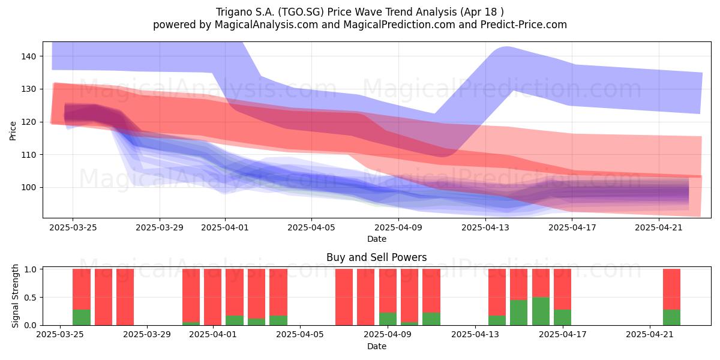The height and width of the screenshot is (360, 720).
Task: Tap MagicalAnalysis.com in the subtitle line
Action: (x=266, y=25)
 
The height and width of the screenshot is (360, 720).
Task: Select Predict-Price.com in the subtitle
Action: (x=524, y=25)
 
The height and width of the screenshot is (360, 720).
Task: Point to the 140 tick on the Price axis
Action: (x=29, y=56)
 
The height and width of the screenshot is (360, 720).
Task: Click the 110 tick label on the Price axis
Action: (x=29, y=155)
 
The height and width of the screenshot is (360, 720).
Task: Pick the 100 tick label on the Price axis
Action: (x=29, y=188)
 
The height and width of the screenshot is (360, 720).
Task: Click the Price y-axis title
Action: (x=13, y=131)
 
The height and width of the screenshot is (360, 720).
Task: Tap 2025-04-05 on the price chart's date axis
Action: (x=311, y=227)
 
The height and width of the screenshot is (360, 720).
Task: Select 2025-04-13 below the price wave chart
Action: (x=485, y=227)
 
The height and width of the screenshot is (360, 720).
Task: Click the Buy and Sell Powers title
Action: (x=376, y=257)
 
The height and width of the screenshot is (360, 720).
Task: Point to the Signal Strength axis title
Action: (x=15, y=296)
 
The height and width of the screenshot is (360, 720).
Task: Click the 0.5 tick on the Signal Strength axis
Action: (x=30, y=298)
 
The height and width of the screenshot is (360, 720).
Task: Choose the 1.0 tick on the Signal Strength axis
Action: (x=30, y=269)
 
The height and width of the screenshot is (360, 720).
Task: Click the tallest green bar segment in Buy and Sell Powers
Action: (x=541, y=311)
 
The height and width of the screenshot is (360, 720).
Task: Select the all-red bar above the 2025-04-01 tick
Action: (x=212, y=297)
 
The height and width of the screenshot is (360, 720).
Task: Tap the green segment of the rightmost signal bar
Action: (x=671, y=317)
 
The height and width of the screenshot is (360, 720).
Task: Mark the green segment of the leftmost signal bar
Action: (x=82, y=317)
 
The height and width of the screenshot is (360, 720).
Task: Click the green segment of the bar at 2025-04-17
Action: (x=563, y=317)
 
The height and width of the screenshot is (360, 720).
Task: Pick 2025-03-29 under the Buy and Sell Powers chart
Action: (x=147, y=335)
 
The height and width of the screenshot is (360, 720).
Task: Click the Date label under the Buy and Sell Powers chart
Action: (x=377, y=346)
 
